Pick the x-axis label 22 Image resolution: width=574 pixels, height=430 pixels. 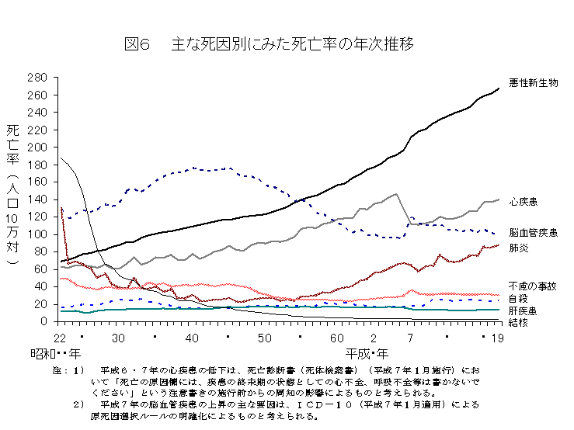pos(61,338)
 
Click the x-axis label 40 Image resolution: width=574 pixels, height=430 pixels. pos(193,338)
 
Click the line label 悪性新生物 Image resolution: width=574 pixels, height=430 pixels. pos(534,82)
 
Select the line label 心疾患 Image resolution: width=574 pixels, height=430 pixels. pos(524,202)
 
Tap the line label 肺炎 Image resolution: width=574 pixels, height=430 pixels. pos(519,248)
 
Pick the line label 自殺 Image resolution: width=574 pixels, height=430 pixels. pos(519,297)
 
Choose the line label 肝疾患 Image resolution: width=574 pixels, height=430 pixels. pos(524,310)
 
